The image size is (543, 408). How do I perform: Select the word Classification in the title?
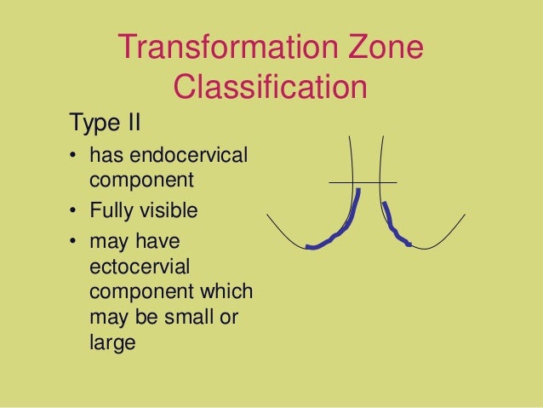tap(270, 87)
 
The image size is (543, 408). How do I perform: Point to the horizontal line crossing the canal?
tap(363, 182)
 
